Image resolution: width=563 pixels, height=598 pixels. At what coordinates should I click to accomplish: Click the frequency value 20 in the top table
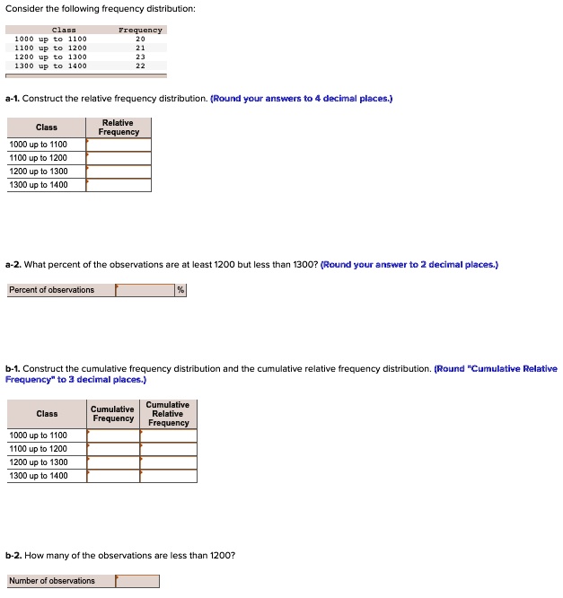140,40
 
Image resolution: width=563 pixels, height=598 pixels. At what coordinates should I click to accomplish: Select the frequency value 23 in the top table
140,57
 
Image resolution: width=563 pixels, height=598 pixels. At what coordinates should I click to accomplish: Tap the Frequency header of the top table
140,30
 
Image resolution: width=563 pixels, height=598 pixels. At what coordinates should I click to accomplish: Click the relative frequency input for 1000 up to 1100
119,145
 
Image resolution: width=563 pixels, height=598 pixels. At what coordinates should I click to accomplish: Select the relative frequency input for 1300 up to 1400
119,185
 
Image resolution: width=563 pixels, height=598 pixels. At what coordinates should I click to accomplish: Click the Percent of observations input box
145,290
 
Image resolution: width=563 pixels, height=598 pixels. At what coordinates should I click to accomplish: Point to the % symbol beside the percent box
180,290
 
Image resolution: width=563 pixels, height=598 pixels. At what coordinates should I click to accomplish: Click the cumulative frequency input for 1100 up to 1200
113,449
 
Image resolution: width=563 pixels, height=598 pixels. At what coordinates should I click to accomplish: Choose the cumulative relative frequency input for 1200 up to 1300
169,462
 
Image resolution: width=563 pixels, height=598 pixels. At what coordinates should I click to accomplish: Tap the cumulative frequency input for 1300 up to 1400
113,476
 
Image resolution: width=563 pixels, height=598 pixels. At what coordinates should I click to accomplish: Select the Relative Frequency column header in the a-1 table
119,128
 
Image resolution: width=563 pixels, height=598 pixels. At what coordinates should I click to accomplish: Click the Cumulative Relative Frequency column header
169,414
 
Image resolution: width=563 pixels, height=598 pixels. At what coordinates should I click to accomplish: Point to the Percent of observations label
52,290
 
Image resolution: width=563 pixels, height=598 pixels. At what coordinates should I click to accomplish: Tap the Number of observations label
52,581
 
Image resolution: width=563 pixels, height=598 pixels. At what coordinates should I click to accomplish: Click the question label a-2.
13,265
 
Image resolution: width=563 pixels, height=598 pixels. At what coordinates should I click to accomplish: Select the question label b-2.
13,556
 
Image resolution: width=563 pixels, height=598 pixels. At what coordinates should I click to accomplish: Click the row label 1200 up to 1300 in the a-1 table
39,171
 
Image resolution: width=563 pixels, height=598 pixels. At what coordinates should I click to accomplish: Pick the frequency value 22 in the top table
140,66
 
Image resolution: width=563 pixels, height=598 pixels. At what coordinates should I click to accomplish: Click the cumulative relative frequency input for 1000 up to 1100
169,435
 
